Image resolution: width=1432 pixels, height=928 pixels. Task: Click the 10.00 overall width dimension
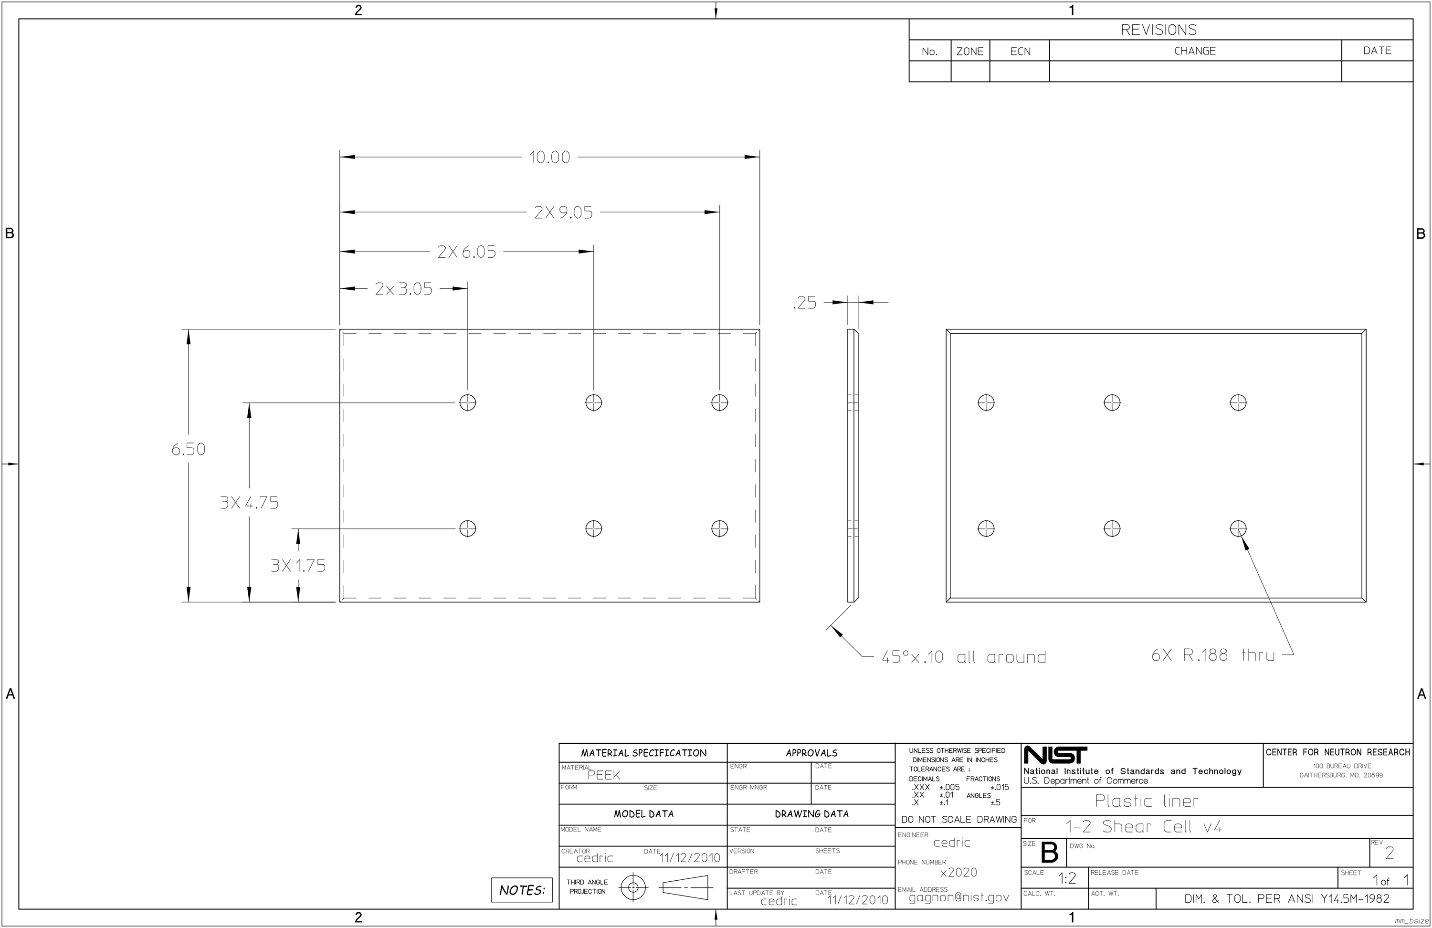tap(549, 157)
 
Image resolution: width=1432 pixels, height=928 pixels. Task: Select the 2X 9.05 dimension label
tap(563, 212)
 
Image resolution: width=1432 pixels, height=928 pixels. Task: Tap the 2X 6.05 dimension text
tap(467, 252)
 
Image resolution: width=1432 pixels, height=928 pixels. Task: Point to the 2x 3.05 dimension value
tap(403, 289)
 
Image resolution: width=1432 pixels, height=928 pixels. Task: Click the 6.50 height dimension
tap(189, 449)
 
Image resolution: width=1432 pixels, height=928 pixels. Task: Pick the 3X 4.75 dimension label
tap(249, 503)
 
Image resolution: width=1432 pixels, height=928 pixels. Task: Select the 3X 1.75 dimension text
tap(298, 566)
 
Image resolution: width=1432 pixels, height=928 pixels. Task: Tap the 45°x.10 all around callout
tap(964, 657)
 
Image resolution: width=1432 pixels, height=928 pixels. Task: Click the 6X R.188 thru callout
tap(1213, 655)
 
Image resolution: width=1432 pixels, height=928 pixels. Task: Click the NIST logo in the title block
tap(1055, 755)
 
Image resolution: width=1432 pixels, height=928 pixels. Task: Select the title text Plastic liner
tap(1146, 801)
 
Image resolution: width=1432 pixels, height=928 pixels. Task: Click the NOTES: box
tap(522, 890)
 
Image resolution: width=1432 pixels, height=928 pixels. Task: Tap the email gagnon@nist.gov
tap(959, 897)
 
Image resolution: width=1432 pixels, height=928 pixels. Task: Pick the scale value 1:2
tap(1067, 879)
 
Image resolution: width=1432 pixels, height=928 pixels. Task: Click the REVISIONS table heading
tap(1158, 30)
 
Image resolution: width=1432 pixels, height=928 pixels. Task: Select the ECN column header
tap(1021, 52)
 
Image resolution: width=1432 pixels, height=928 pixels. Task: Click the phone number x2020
tap(958, 873)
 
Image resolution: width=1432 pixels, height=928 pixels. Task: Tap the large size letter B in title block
tap(1049, 853)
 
